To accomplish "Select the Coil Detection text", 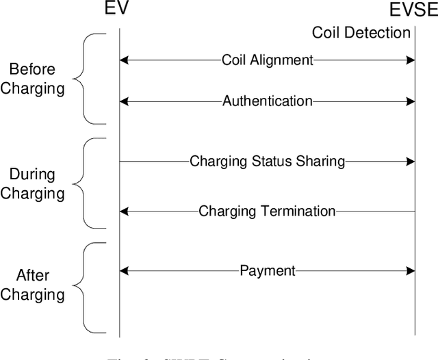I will pos(361,32).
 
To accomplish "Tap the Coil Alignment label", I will pos(267,60).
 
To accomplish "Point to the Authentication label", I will pos(267,101).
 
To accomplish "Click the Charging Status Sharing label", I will pos(267,162).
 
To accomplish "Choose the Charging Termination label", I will pos(267,211).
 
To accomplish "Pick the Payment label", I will pos(267,271).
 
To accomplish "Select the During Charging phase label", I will pos(31,183).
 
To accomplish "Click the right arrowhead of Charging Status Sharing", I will pos(411,162).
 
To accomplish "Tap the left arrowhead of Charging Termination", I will pos(125,211).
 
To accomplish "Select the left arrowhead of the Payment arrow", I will pos(125,271).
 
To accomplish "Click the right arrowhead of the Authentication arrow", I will pos(411,101).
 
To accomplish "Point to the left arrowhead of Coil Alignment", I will pos(125,60).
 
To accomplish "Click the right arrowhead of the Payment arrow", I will pos(411,271).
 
